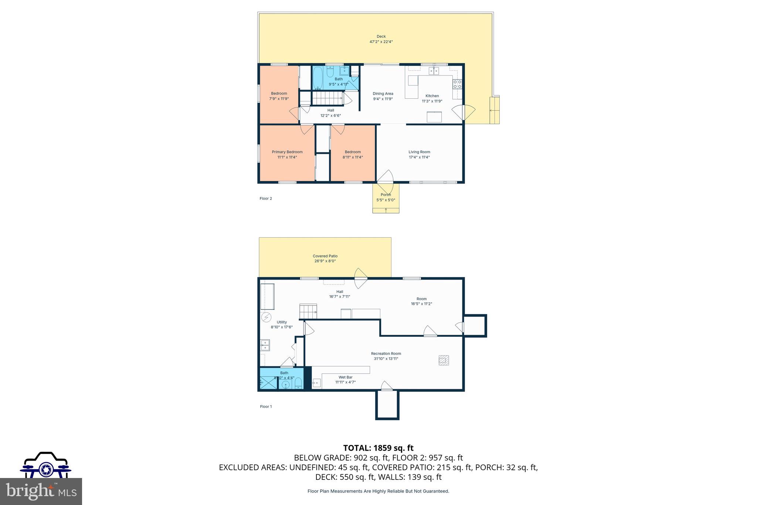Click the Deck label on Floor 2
[x=381, y=37]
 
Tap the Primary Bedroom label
[x=287, y=152]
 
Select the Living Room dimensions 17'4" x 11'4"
[x=419, y=157]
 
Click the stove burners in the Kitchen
[x=457, y=84]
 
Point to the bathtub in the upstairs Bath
[x=318, y=78]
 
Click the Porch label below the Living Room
[x=386, y=195]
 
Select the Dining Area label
[x=383, y=94]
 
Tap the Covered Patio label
[x=325, y=256]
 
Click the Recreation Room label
[x=386, y=354]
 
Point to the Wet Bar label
[x=345, y=377]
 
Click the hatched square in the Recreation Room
[x=444, y=360]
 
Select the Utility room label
[x=282, y=322]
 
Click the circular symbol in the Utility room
[x=266, y=317]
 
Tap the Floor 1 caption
[x=266, y=407]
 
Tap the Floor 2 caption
[x=266, y=199]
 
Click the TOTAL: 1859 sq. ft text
[x=378, y=448]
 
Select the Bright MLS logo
[x=41, y=491]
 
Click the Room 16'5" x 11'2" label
[x=421, y=301]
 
